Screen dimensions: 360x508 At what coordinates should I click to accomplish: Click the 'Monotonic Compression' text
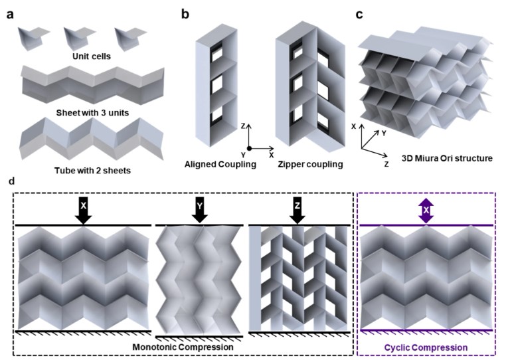[184, 346]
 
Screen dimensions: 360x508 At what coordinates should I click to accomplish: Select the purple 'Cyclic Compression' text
[426, 347]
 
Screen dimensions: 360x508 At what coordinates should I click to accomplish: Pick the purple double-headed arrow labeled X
[426, 210]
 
